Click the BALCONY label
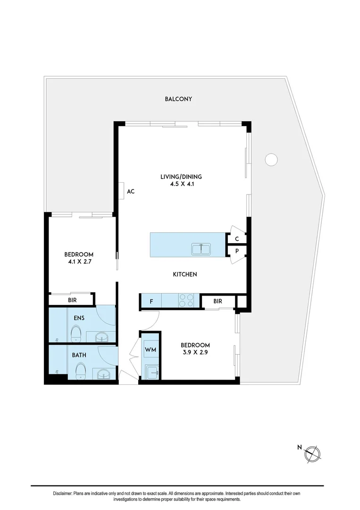(x=178, y=99)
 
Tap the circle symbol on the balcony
(x=271, y=160)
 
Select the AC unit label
(x=131, y=191)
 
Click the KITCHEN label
(x=184, y=274)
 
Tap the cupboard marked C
(x=237, y=238)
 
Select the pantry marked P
(x=237, y=251)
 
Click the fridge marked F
(x=151, y=300)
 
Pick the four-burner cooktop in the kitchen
(x=186, y=300)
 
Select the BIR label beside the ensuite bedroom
(x=72, y=300)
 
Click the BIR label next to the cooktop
(x=218, y=301)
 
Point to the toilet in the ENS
(x=77, y=334)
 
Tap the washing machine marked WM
(x=151, y=350)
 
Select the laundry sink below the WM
(x=151, y=371)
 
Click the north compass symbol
(x=312, y=453)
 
